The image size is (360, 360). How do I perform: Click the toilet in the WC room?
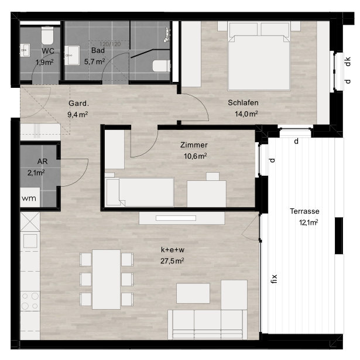pos(47,35)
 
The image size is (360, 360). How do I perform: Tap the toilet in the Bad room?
pos(162,66)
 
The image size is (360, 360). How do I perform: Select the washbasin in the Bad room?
pos(72,56)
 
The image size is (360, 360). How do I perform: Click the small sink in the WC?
pos(25,50)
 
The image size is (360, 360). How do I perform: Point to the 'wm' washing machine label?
pos(29,198)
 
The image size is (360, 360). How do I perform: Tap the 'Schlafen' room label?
pos(243,102)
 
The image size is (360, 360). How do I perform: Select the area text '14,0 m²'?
pos(246,114)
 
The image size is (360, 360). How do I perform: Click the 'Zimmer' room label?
pos(194,145)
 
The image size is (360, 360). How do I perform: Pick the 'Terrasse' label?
pos(304,211)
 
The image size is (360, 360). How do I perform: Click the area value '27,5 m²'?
pos(172,261)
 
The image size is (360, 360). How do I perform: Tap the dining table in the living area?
pos(107,279)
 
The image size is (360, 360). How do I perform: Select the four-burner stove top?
pos(30,301)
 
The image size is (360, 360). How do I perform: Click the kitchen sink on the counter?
pos(30,241)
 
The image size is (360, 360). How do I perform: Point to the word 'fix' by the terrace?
pos(274,279)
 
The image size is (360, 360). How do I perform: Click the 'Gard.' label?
pos(78,103)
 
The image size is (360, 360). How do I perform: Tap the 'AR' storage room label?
pos(43,162)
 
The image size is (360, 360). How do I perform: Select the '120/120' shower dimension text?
pos(110,44)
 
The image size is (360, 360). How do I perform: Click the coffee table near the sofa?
pos(193,293)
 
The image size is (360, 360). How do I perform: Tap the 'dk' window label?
pos(348,61)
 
